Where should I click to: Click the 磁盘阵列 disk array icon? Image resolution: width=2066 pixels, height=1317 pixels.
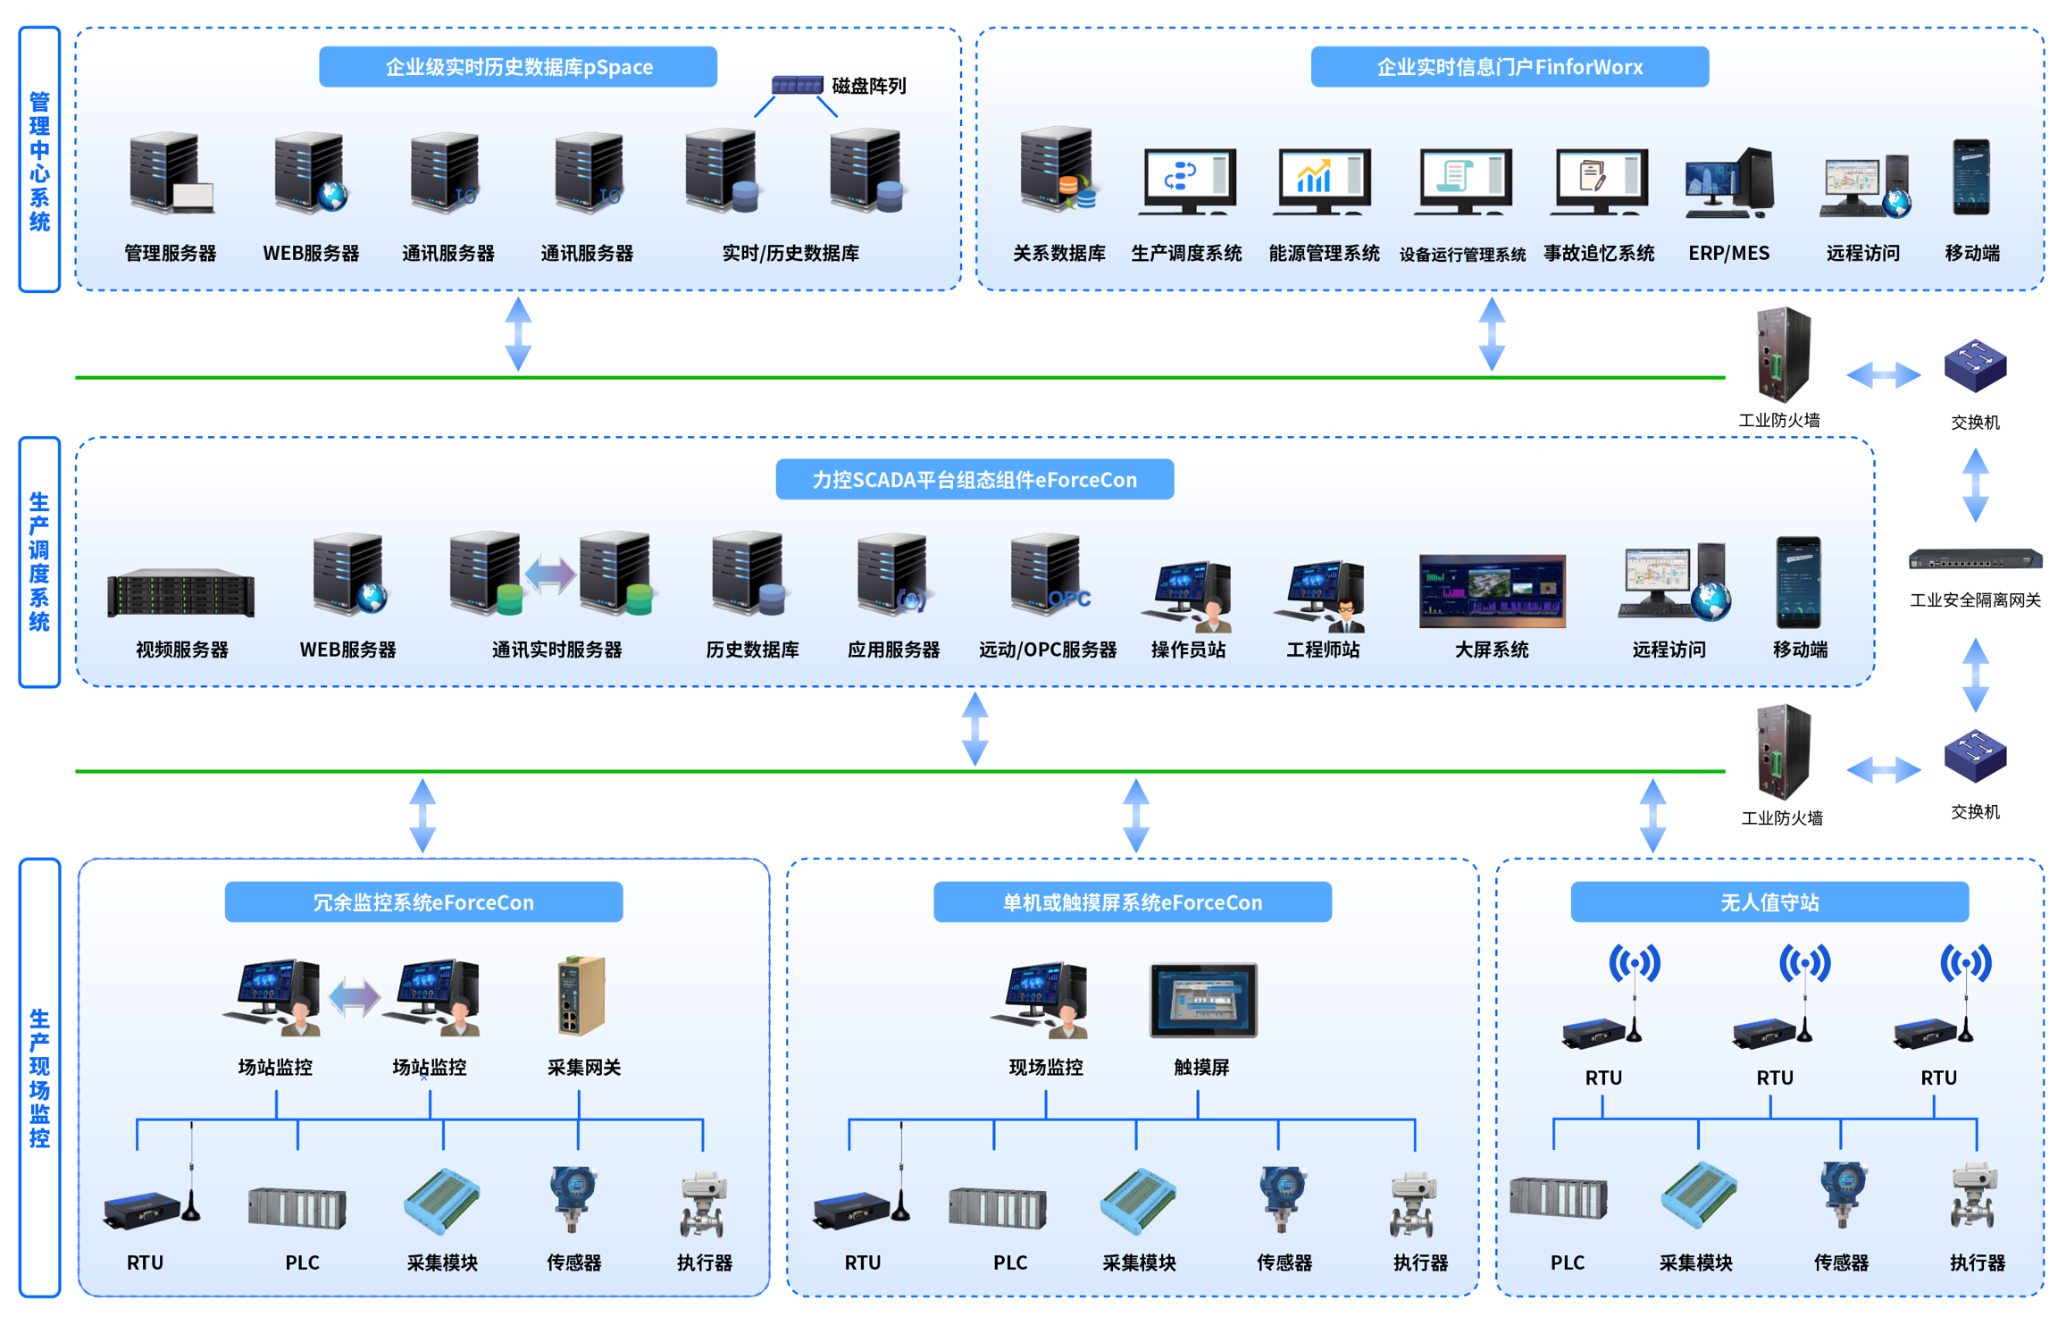(x=797, y=86)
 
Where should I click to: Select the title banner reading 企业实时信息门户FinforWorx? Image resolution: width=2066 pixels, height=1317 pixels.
(x=1509, y=67)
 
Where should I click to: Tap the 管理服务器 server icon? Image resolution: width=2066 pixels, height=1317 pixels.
(x=170, y=174)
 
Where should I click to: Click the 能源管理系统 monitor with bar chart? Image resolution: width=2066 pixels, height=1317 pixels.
(x=1323, y=181)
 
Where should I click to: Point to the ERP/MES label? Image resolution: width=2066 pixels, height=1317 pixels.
(x=1727, y=254)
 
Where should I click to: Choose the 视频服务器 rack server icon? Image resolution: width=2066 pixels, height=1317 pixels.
(x=180, y=592)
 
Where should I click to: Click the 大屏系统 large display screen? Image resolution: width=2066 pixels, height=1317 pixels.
(x=1491, y=591)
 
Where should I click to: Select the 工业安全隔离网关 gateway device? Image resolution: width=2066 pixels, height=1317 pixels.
(x=1974, y=560)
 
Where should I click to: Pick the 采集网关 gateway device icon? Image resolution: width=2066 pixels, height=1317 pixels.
(x=581, y=995)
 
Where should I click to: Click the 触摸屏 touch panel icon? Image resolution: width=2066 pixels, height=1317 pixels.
(x=1202, y=1000)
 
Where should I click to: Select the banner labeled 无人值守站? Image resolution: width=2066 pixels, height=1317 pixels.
(x=1769, y=902)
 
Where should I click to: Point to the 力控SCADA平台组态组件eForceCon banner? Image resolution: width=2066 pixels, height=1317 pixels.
(x=974, y=480)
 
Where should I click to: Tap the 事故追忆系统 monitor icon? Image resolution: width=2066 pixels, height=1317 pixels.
(x=1599, y=181)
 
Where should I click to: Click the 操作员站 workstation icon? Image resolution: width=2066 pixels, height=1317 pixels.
(x=1189, y=594)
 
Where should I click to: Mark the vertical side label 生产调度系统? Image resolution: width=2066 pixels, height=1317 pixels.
(x=39, y=562)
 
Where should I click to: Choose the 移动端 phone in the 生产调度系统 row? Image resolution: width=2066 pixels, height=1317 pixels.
(x=1797, y=583)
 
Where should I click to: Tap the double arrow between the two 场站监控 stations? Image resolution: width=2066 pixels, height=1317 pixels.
(x=354, y=997)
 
